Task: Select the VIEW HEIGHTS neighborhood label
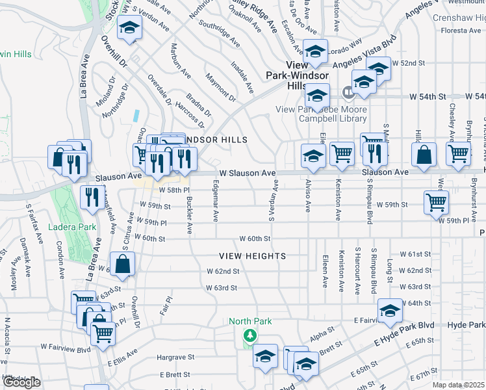252,256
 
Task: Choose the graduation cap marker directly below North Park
265,356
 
